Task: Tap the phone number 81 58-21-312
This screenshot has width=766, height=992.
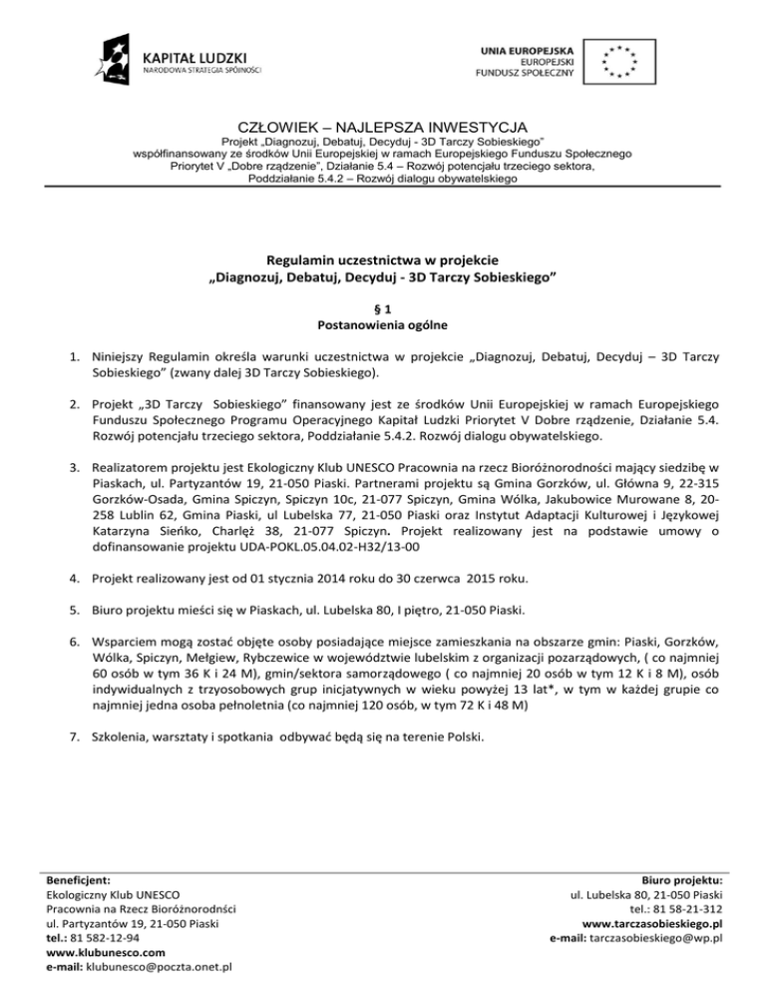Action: point(687,908)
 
